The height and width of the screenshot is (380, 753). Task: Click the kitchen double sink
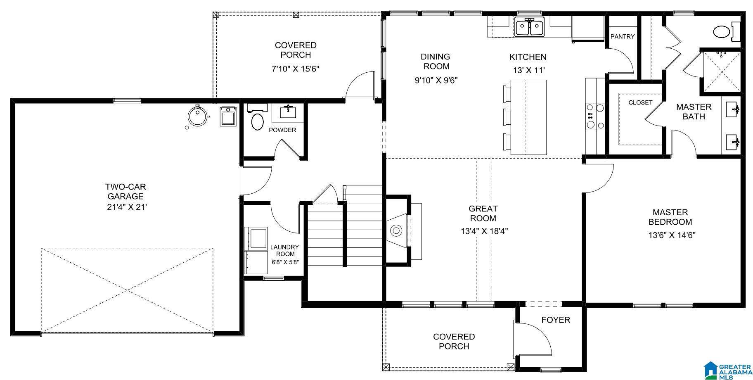pyautogui.click(x=530, y=27)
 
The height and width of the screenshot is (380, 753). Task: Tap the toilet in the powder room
pyautogui.click(x=257, y=122)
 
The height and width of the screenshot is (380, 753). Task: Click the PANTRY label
pyautogui.click(x=622, y=37)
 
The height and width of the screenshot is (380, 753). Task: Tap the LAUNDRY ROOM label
pyautogui.click(x=285, y=250)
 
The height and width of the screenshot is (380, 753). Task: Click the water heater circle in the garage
pyautogui.click(x=198, y=116)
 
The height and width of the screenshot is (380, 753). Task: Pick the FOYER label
pyautogui.click(x=555, y=320)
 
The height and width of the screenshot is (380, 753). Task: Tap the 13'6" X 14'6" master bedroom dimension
pyautogui.click(x=672, y=235)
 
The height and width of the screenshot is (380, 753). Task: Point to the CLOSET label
pyautogui.click(x=640, y=102)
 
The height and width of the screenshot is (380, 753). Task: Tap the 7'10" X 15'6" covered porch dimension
pyautogui.click(x=295, y=69)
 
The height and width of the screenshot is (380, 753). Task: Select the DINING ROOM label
pyautogui.click(x=435, y=61)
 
